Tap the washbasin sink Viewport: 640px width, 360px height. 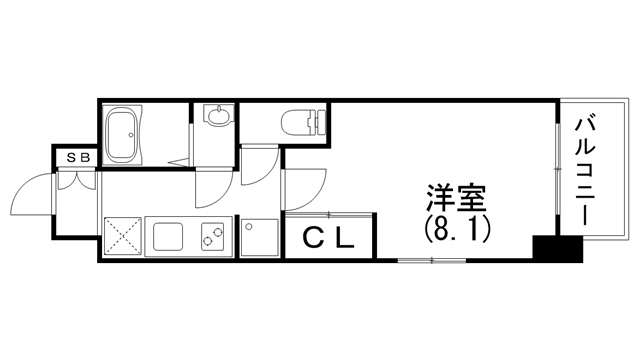pos(217,118)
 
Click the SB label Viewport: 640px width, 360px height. pos(77,157)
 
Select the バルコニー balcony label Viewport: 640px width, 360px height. pos(586,170)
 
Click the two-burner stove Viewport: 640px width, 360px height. pos(213,237)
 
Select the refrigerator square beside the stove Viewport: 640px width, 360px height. pos(257,238)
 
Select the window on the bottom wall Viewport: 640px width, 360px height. pos(432,260)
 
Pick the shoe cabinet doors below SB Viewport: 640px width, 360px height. pos(77,179)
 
